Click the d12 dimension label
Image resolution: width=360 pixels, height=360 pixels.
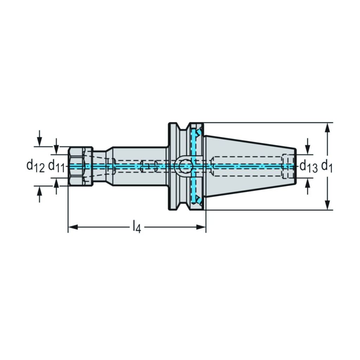click(36, 166)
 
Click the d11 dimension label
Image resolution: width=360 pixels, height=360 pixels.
click(57, 166)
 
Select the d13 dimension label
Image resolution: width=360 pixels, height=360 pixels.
click(309, 166)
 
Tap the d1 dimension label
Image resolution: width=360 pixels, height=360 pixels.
click(327, 166)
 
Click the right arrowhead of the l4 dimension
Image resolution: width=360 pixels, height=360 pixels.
click(201, 227)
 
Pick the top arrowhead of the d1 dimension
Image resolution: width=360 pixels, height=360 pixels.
click(328, 128)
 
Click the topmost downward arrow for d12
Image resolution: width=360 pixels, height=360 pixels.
click(39, 139)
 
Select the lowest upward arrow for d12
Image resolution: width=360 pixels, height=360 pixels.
click(39, 194)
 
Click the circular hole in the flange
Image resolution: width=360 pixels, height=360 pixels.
click(183, 166)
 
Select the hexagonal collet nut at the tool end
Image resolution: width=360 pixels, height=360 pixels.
click(81, 166)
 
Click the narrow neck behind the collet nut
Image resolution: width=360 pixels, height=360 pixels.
click(99, 166)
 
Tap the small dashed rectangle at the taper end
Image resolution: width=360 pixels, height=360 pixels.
click(288, 166)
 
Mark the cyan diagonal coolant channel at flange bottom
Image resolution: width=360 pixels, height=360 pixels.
click(198, 199)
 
